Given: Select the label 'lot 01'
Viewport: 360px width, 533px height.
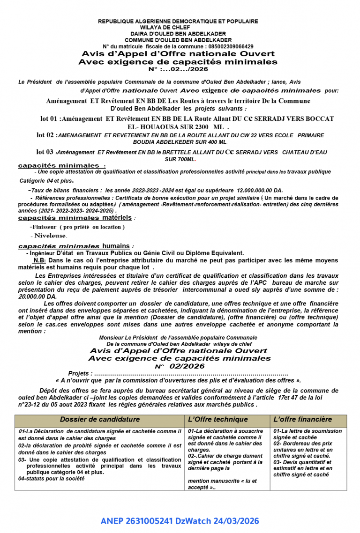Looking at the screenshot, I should coord(50,119).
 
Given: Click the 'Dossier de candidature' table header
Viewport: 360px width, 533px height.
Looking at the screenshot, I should coord(99,420).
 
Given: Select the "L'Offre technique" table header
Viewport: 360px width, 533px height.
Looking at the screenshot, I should coord(217,420).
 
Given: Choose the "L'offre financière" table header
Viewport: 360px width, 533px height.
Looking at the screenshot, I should coord(302,420).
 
